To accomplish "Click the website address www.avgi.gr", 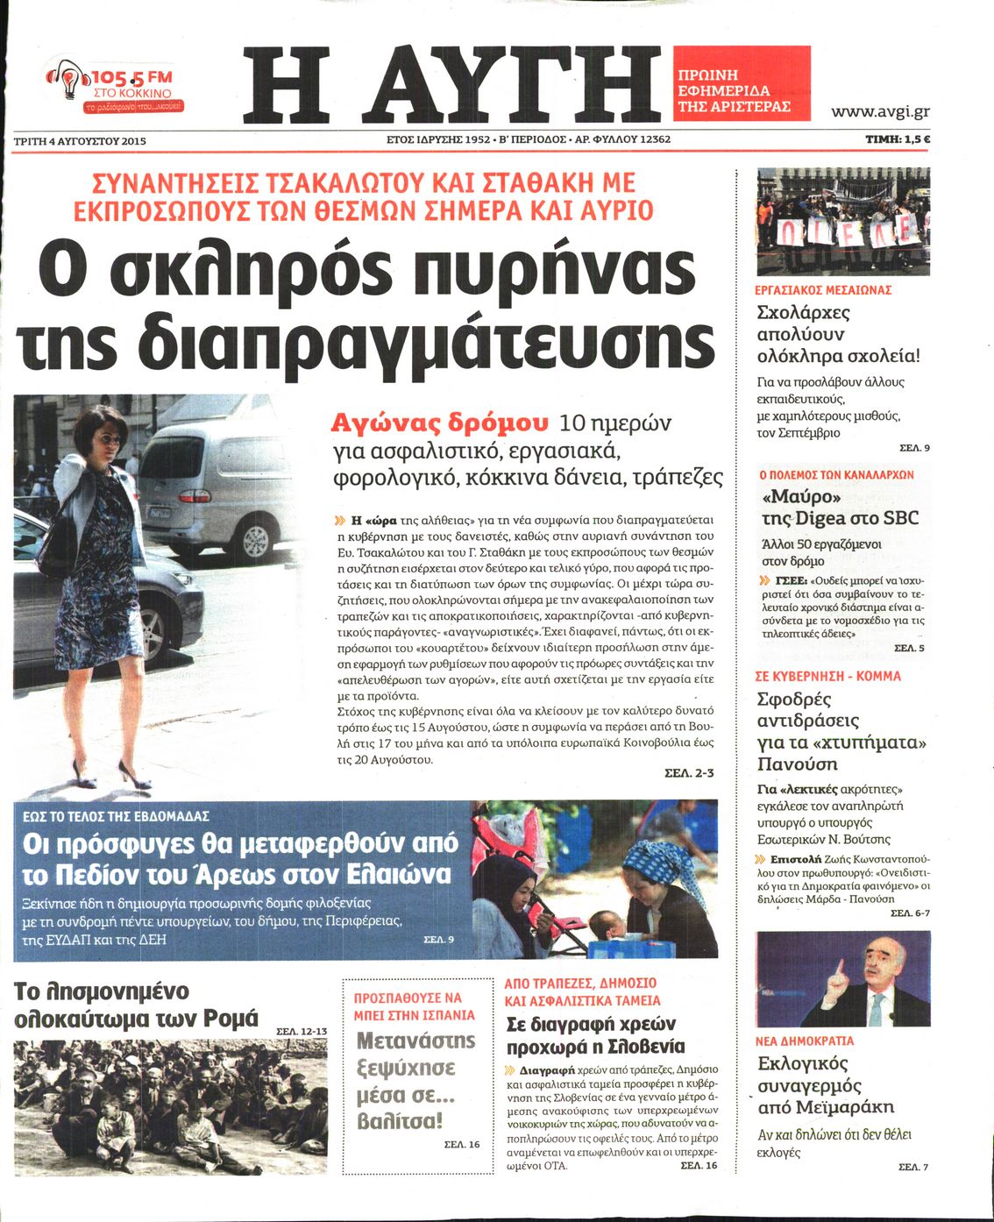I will pyautogui.click(x=880, y=111).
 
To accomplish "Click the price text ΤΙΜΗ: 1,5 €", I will pyautogui.click(x=898, y=139).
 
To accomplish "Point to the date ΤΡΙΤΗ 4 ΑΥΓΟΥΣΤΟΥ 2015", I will pyautogui.click(x=80, y=140).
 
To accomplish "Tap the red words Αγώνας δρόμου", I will pyautogui.click(x=439, y=423).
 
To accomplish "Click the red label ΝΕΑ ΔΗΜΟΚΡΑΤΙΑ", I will pyautogui.click(x=804, y=1041).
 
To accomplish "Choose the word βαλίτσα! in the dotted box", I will pyautogui.click(x=400, y=1121).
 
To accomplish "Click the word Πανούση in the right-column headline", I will pyautogui.click(x=798, y=764).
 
